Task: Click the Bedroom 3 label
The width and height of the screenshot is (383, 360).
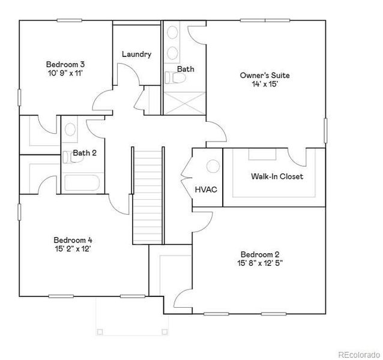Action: [65, 64]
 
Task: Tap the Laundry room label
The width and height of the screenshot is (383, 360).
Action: [136, 55]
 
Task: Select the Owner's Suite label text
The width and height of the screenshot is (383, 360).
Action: [265, 76]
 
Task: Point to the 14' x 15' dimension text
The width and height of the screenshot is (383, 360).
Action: [265, 85]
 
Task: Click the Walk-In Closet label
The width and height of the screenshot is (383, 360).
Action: [277, 176]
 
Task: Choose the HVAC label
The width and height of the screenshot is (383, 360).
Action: [205, 190]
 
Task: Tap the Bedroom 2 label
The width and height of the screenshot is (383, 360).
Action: [260, 254]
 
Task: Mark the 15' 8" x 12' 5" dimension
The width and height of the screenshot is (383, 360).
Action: [260, 263]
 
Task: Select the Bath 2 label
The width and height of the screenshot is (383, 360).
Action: [85, 153]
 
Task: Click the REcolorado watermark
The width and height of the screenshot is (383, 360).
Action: [358, 353]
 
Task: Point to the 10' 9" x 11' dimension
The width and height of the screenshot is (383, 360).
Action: [65, 73]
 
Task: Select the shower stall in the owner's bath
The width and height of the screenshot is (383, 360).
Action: [184, 103]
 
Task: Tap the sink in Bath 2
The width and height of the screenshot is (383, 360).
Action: [70, 129]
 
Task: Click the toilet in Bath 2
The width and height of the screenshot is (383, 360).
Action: [67, 157]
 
